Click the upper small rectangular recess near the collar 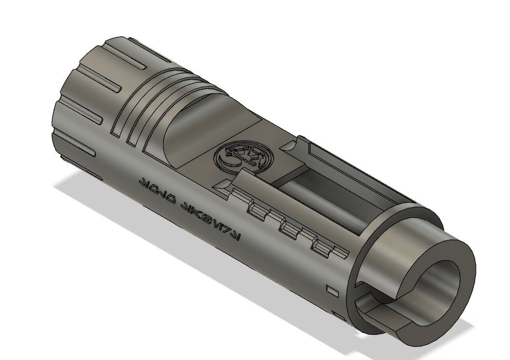click(332, 291)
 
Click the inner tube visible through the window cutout click(309, 183)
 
